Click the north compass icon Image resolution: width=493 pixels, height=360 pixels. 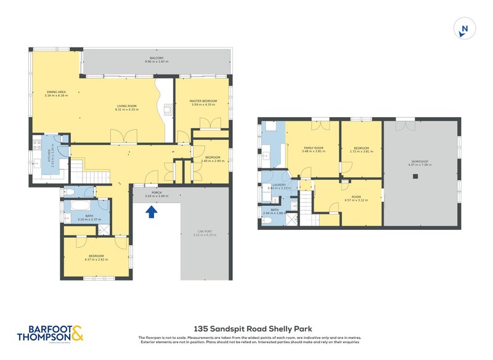click(465, 28)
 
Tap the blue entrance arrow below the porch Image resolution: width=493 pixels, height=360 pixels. click(151, 212)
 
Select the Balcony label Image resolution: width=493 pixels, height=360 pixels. click(158, 60)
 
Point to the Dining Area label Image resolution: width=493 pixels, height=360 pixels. click(56, 94)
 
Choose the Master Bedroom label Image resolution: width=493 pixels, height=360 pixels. click(203, 102)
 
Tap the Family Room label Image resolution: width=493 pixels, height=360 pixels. click(313, 149)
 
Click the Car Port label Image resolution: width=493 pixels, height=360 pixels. click(205, 233)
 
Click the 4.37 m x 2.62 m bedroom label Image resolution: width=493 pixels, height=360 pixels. click(96, 258)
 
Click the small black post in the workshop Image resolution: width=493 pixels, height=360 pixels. click(415, 176)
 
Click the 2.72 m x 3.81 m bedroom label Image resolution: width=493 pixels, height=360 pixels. click(361, 149)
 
